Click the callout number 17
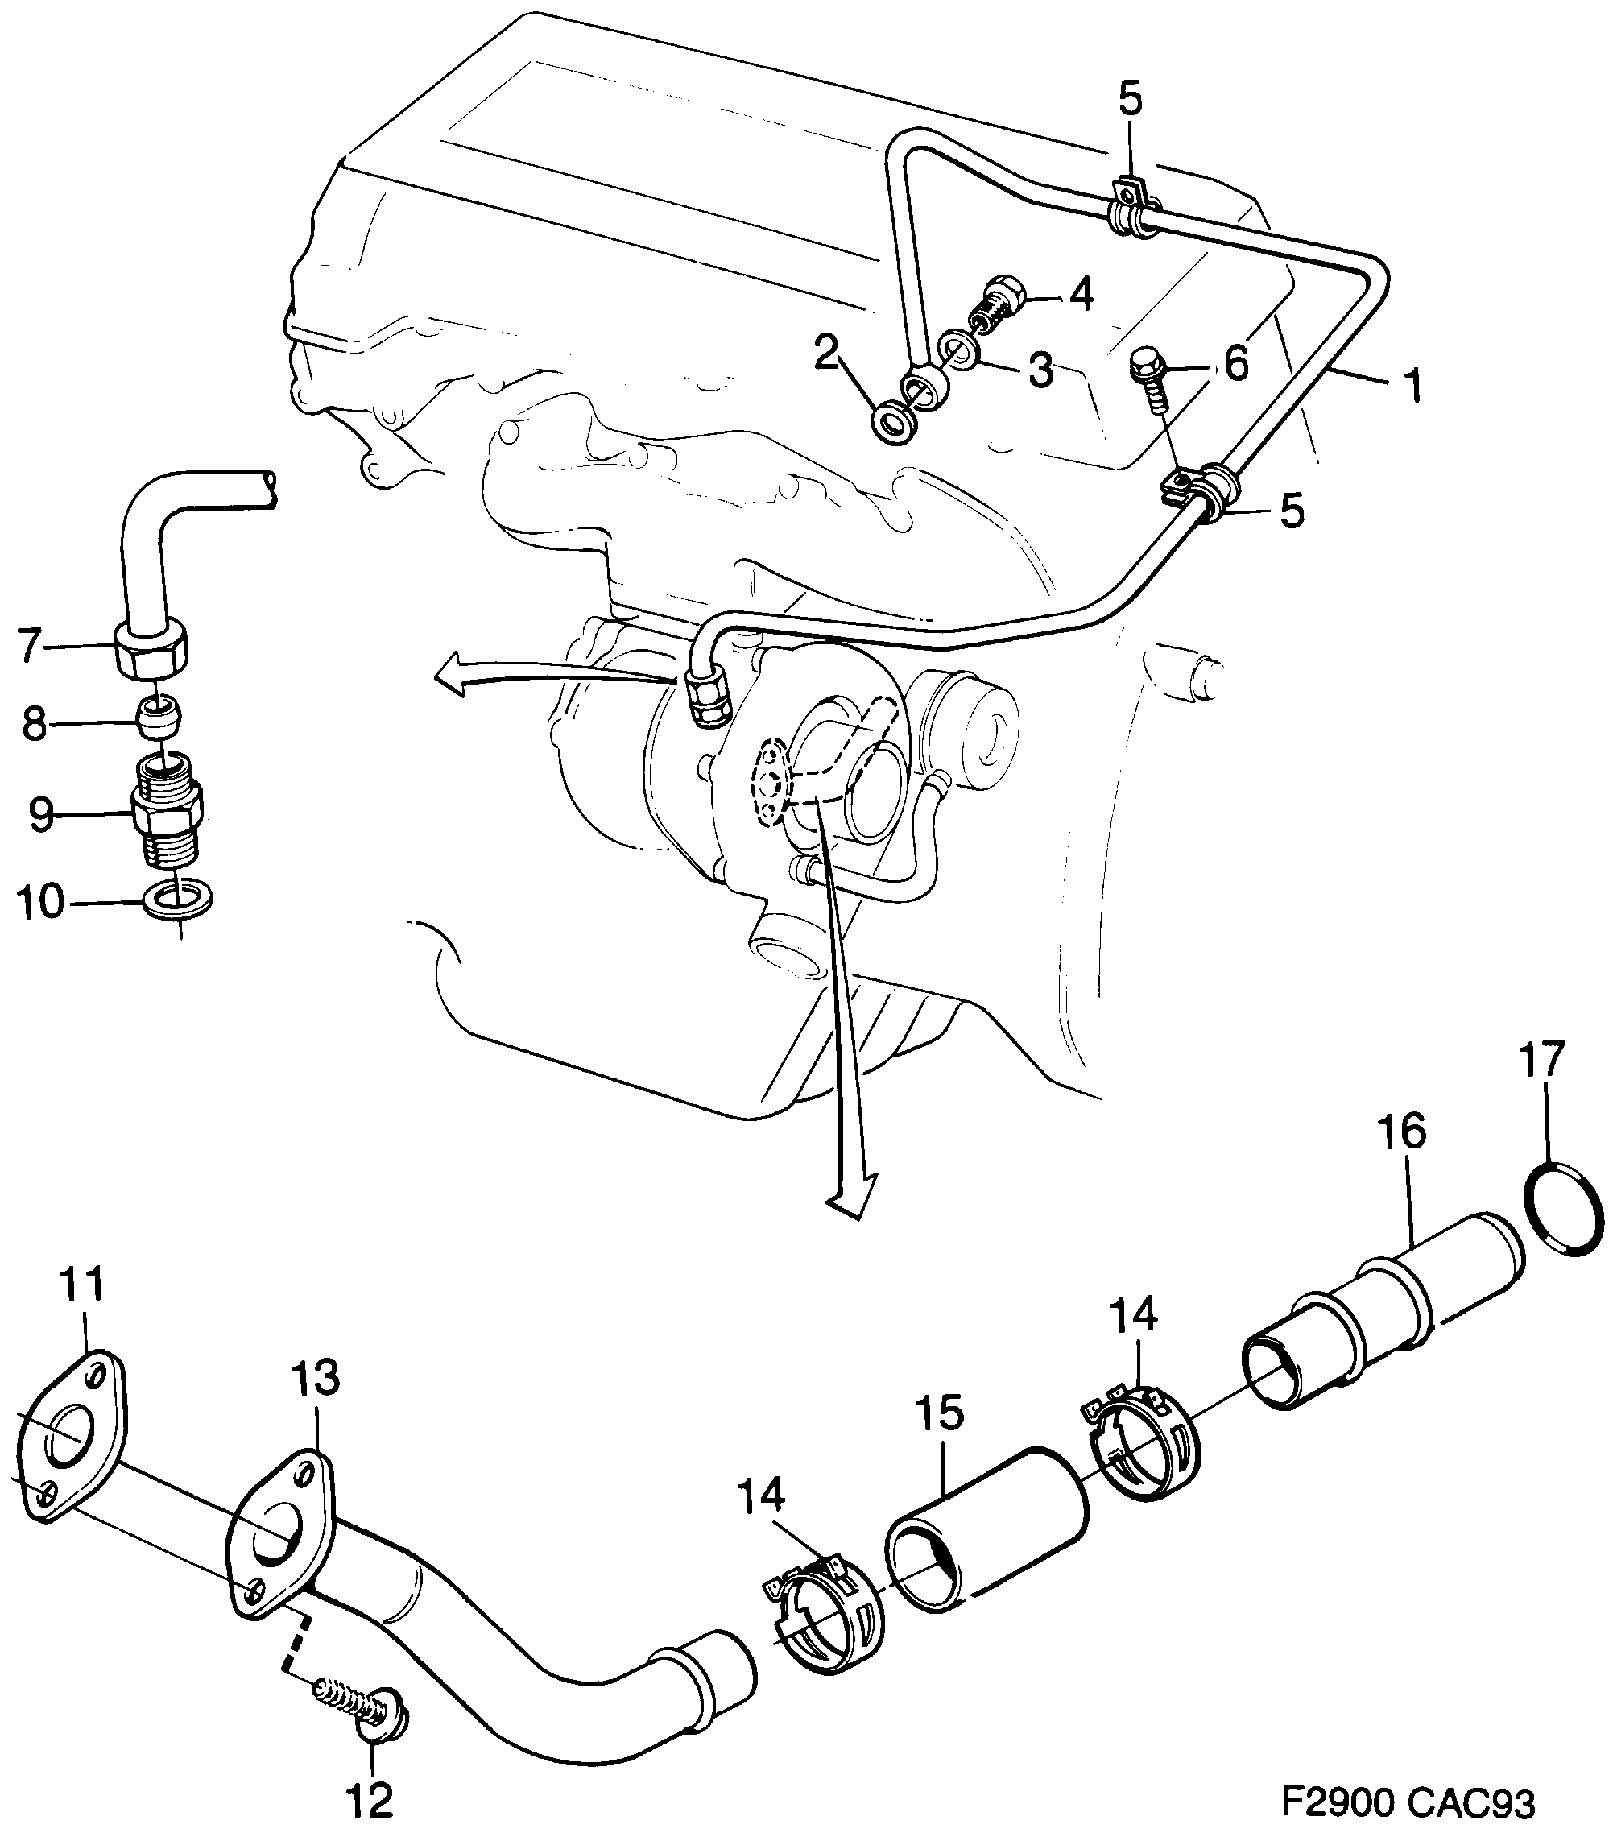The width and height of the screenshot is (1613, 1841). (1543, 1060)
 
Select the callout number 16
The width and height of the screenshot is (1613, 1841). (1401, 1132)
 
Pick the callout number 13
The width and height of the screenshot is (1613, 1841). (314, 1401)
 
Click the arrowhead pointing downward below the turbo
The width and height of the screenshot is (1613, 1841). (849, 1202)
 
